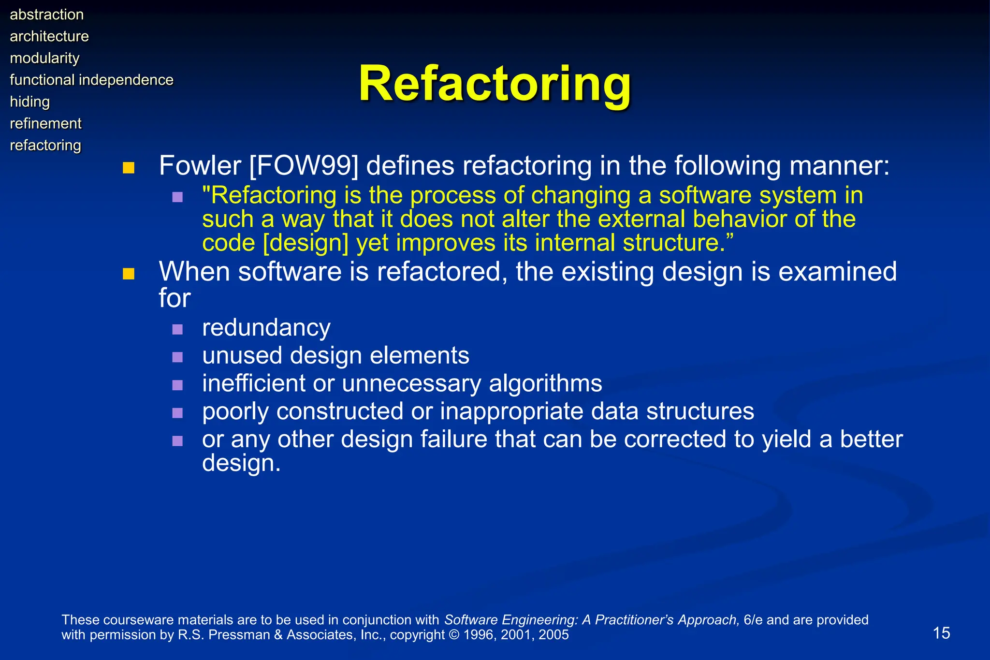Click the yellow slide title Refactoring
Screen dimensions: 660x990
[495, 84]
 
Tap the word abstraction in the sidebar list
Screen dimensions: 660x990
[47, 15]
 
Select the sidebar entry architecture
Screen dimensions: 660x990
[49, 36]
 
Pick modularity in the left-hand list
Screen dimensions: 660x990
[44, 58]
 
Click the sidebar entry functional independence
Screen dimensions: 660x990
[91, 80]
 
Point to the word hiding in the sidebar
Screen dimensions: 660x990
[30, 102]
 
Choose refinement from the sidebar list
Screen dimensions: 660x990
[46, 123]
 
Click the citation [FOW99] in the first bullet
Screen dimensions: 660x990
[304, 166]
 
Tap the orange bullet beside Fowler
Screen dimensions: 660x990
[128, 168]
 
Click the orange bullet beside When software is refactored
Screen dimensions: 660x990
[128, 274]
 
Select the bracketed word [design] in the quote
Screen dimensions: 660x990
[306, 243]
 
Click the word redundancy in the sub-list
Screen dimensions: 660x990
[266, 328]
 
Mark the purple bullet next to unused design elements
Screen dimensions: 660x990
[177, 357]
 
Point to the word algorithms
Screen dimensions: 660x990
[545, 383]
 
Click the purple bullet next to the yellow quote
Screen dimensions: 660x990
[177, 197]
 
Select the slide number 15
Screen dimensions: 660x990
[941, 633]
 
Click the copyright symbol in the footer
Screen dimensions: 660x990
[454, 634]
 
